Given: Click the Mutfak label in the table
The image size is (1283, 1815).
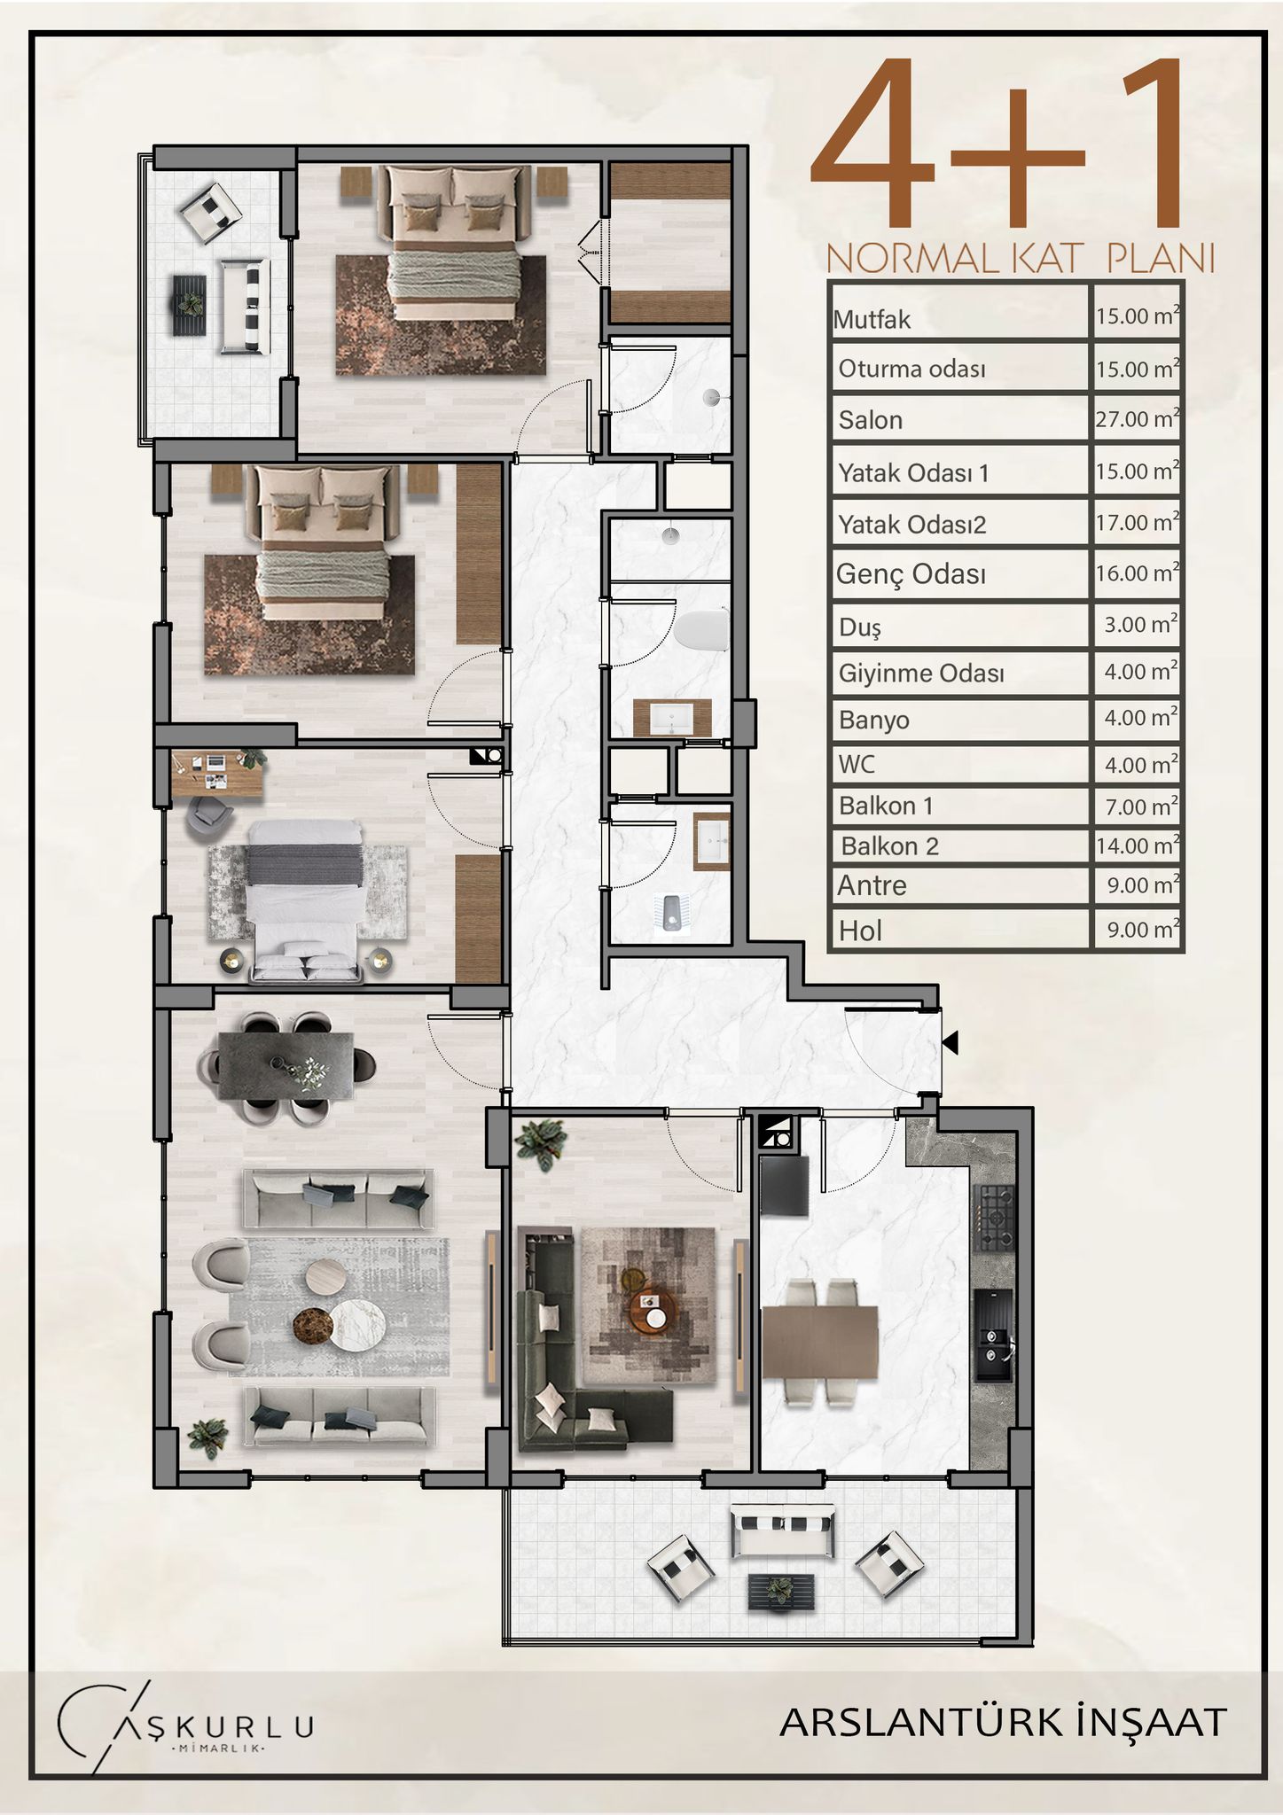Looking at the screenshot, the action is coord(872,319).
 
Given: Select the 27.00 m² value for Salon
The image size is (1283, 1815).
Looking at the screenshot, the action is coord(1138,418).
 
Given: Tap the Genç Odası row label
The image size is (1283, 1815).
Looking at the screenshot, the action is coord(911,575).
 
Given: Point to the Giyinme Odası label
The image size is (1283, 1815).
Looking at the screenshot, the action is coord(921,674).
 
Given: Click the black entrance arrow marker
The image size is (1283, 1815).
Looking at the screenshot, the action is coord(951,1043).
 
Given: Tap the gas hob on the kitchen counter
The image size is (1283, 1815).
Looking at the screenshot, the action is coord(992,1218).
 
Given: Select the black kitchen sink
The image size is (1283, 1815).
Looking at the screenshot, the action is coord(992,1336).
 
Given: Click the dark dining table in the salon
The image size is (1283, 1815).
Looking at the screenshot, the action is coord(286,1066).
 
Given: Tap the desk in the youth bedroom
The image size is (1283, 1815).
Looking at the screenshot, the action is coord(217,773).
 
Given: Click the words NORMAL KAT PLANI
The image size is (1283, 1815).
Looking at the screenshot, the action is coord(1020,259).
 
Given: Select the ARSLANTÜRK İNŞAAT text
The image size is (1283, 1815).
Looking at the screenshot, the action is coord(1003,1722).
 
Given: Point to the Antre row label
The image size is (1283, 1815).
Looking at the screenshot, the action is coord(872,885).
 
